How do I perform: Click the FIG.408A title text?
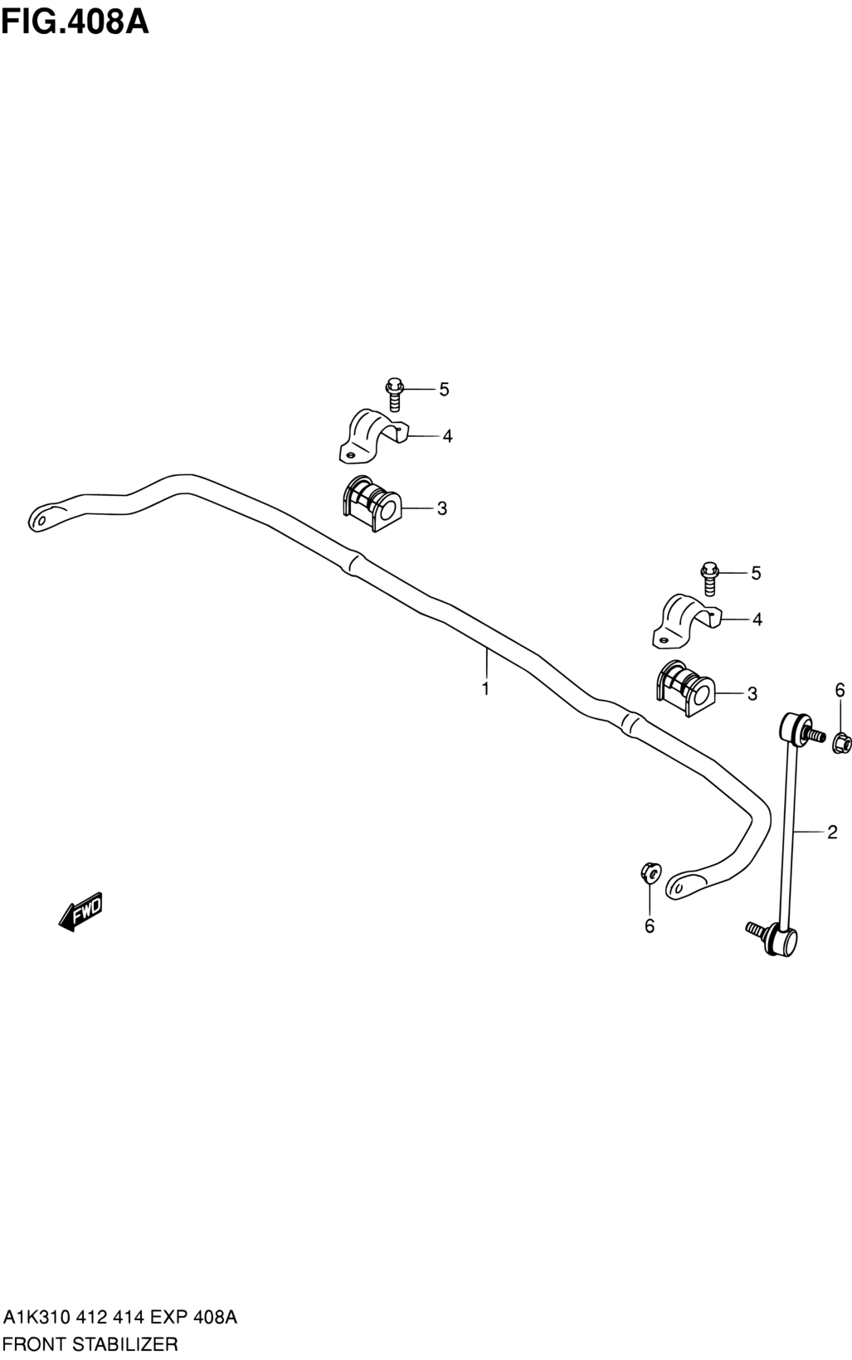click(x=75, y=20)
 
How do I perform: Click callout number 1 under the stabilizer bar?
click(x=485, y=688)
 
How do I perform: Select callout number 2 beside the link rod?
click(x=831, y=832)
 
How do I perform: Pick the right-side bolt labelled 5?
click(x=708, y=577)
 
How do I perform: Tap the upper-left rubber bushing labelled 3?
click(x=371, y=503)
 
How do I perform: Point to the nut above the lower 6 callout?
click(x=650, y=872)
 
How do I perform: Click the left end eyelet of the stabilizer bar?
click(x=40, y=517)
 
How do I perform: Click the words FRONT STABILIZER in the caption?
click(x=90, y=1343)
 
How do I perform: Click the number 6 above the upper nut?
click(x=840, y=690)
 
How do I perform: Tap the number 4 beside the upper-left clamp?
click(x=447, y=436)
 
